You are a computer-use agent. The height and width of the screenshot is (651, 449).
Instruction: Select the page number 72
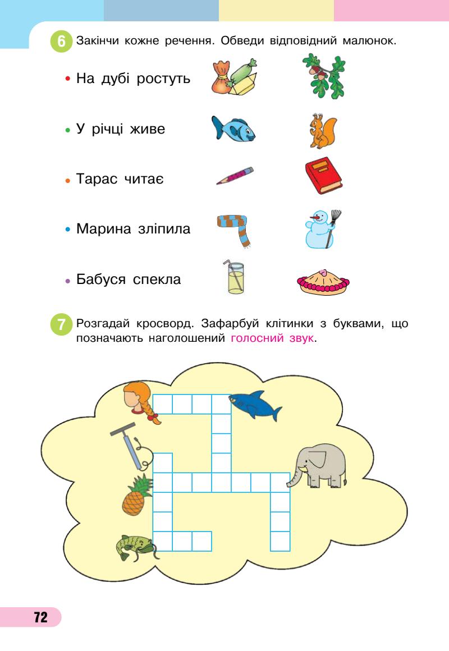tap(40, 617)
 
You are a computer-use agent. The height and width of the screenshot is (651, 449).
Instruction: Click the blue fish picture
tap(233, 130)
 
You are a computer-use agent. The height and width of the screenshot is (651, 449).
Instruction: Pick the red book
tap(323, 176)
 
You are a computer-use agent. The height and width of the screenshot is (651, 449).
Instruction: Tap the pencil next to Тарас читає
tap(235, 175)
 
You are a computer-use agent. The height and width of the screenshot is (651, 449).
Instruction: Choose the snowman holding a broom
tap(322, 229)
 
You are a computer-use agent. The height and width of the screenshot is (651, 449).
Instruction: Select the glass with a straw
tap(235, 278)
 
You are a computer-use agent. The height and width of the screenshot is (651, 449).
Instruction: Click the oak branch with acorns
tap(323, 76)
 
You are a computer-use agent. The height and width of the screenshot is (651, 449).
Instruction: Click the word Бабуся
tap(101, 279)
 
